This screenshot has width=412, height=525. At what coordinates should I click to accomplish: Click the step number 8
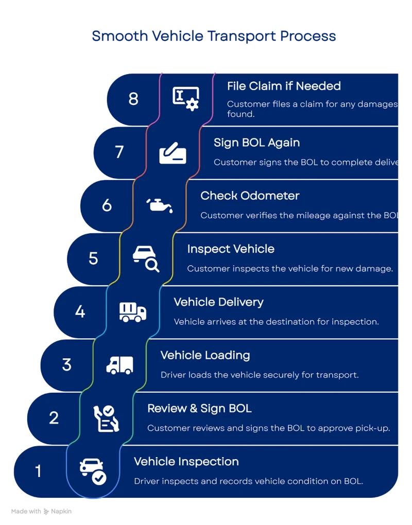[133, 98]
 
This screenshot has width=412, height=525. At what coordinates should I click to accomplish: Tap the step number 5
[93, 258]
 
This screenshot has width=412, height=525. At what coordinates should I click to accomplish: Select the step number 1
[38, 470]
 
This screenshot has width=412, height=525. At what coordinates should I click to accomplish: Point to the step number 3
[66, 364]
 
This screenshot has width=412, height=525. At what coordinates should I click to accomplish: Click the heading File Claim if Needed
[284, 86]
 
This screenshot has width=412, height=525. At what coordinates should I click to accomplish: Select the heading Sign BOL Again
[256, 143]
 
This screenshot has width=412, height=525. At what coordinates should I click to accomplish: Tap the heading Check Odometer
[250, 196]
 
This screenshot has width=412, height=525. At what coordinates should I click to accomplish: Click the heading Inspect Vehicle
[231, 249]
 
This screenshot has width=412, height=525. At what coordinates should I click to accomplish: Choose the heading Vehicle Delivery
[218, 302]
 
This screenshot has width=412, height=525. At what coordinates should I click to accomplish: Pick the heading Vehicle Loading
[205, 355]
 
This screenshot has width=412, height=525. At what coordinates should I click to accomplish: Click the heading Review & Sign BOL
[199, 409]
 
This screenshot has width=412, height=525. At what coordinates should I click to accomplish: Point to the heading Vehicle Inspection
[186, 462]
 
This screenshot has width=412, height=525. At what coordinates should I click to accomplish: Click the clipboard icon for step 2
[107, 418]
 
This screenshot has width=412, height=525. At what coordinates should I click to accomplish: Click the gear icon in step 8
[193, 104]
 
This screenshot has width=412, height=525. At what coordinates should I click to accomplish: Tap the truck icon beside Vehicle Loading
[119, 365]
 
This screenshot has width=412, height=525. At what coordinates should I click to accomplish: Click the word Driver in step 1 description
[146, 481]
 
